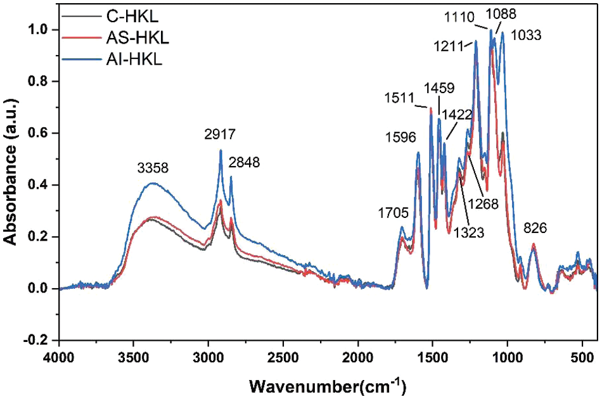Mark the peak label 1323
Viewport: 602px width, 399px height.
468,232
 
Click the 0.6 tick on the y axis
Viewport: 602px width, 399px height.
41,133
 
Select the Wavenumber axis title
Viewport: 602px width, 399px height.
327,384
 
